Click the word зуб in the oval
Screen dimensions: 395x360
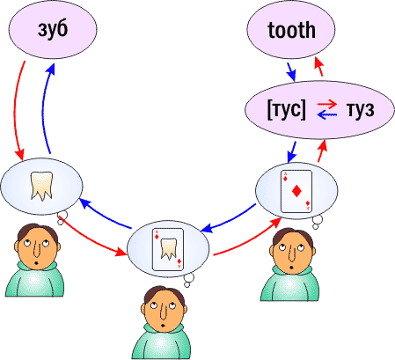click(x=53, y=30)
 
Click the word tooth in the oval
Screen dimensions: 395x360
click(x=291, y=30)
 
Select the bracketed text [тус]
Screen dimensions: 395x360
click(x=286, y=109)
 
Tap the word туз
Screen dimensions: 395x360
click(x=360, y=110)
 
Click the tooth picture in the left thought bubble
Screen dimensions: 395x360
click(x=42, y=186)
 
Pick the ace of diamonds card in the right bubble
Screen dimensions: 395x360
click(x=296, y=191)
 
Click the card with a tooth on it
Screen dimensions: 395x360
click(x=168, y=249)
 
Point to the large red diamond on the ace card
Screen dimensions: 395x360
click(x=296, y=192)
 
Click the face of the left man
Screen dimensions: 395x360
click(x=38, y=248)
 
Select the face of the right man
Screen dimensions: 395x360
click(x=292, y=251)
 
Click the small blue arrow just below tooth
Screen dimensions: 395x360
click(x=291, y=71)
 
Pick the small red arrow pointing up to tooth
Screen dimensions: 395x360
click(x=318, y=67)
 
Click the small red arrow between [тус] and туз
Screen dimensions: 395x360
click(x=327, y=104)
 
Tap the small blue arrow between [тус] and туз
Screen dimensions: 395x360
click(x=327, y=114)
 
